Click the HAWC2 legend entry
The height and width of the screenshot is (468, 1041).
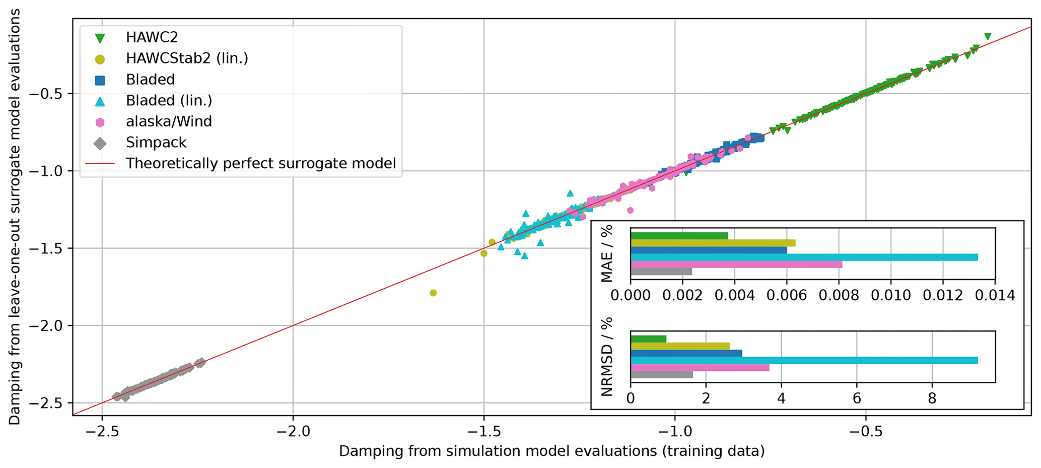coord(152,37)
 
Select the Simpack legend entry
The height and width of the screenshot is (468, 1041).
coord(156,143)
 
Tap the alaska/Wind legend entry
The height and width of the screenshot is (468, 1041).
coord(169,121)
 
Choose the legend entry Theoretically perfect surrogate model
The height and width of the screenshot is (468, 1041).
coord(260,163)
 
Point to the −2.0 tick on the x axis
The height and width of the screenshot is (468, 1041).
coord(293,432)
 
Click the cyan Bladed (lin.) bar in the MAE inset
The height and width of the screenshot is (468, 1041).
coord(804,257)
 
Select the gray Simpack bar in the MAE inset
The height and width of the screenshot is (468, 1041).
coord(661,272)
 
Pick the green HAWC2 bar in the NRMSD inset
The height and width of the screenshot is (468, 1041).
coord(648,339)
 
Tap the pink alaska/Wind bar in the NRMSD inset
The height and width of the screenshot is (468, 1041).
coord(700,368)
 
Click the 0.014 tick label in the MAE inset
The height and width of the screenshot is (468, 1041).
coord(995,295)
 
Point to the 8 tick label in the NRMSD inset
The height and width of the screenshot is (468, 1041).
coord(932,398)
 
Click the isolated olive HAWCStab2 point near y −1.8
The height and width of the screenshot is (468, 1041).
coord(433,293)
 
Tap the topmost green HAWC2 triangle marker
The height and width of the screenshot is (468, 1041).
coord(988,36)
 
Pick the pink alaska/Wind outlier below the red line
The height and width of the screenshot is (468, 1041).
coord(630,210)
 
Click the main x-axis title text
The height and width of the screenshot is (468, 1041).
coord(551,451)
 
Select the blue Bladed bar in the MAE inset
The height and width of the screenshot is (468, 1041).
coord(708,250)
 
